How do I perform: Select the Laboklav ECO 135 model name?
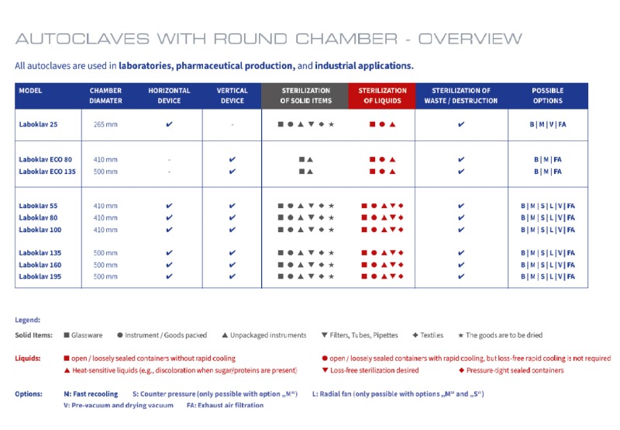click(x=46, y=171)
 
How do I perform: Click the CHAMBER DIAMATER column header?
click(x=105, y=95)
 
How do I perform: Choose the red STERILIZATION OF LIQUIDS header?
click(x=382, y=95)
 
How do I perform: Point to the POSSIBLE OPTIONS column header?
click(x=548, y=95)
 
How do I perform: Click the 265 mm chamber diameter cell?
click(x=105, y=124)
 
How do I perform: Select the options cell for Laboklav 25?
click(x=548, y=124)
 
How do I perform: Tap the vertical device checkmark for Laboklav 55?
click(x=232, y=206)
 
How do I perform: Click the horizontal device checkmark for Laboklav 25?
click(x=169, y=124)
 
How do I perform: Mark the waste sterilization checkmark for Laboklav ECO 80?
click(x=461, y=159)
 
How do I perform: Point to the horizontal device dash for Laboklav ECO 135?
click(x=169, y=171)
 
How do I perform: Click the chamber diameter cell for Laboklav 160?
click(x=105, y=265)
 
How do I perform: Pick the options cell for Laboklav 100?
click(x=548, y=230)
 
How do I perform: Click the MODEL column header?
click(x=31, y=91)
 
